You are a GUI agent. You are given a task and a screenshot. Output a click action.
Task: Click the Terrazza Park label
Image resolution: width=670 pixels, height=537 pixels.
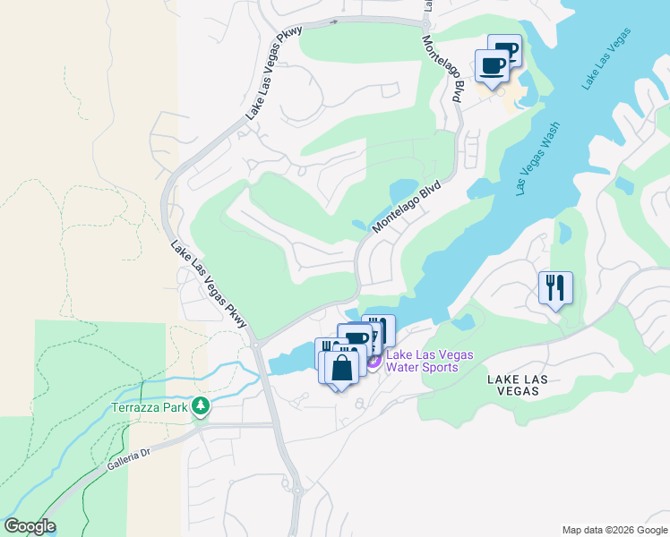150,407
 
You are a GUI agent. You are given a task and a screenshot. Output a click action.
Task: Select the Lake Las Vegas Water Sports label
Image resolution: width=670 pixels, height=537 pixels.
422,361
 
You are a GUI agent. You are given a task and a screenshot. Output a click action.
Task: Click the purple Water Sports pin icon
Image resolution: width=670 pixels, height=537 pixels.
374,361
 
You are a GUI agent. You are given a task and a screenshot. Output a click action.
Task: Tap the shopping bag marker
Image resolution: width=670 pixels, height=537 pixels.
342,367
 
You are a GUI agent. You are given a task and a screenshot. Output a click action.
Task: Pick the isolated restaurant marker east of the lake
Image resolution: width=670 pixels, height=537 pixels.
555,287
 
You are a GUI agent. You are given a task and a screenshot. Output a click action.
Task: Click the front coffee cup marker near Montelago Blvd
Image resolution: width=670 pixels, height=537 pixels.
493,65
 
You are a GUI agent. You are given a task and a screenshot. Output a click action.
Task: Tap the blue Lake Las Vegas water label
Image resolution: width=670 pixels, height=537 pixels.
606,59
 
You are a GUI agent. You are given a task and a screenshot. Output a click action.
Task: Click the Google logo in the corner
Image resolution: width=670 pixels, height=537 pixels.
30,526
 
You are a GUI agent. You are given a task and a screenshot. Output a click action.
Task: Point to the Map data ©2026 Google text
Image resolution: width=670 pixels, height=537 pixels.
614,530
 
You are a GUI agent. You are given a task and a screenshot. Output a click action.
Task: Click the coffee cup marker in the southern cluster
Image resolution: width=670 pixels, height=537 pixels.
356,338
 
